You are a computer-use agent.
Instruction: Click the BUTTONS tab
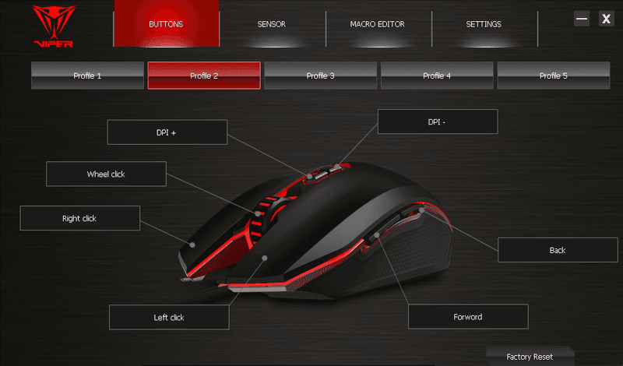pyautogui.click(x=166, y=24)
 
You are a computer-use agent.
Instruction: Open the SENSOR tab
pyautogui.click(x=271, y=24)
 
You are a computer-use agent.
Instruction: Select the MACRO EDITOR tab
pyautogui.click(x=378, y=24)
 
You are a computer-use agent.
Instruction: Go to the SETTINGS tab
pyautogui.click(x=484, y=24)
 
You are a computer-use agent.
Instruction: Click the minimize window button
pyautogui.click(x=582, y=19)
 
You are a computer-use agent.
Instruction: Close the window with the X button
pyautogui.click(x=607, y=19)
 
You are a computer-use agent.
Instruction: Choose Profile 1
pyautogui.click(x=87, y=76)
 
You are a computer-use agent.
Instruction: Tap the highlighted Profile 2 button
pyautogui.click(x=204, y=76)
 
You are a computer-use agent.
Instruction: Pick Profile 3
pyautogui.click(x=320, y=76)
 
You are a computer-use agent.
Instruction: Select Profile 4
pyautogui.click(x=437, y=76)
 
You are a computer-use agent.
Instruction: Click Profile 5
pyautogui.click(x=554, y=76)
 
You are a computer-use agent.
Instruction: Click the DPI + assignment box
pyautogui.click(x=167, y=132)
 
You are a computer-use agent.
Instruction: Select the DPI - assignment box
pyautogui.click(x=438, y=121)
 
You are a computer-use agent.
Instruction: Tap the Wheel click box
pyautogui.click(x=106, y=174)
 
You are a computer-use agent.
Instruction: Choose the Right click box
pyautogui.click(x=80, y=218)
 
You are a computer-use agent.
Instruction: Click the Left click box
pyautogui.click(x=169, y=317)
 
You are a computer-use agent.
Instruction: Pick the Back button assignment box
pyautogui.click(x=558, y=250)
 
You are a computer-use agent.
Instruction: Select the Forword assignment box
pyautogui.click(x=469, y=317)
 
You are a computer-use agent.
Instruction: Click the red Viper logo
pyautogui.click(x=54, y=26)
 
